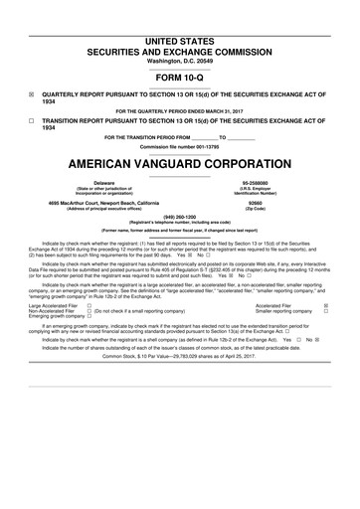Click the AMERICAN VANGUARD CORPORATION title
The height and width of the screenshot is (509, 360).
tap(180, 165)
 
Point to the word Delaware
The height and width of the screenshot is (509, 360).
tap(103, 184)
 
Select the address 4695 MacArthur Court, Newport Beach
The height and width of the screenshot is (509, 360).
tap(102, 203)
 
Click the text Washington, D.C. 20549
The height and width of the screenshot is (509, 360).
tap(180, 33)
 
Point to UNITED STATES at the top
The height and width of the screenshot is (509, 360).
tap(180, 12)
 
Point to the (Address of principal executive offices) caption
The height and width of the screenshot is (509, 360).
tap(103, 209)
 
